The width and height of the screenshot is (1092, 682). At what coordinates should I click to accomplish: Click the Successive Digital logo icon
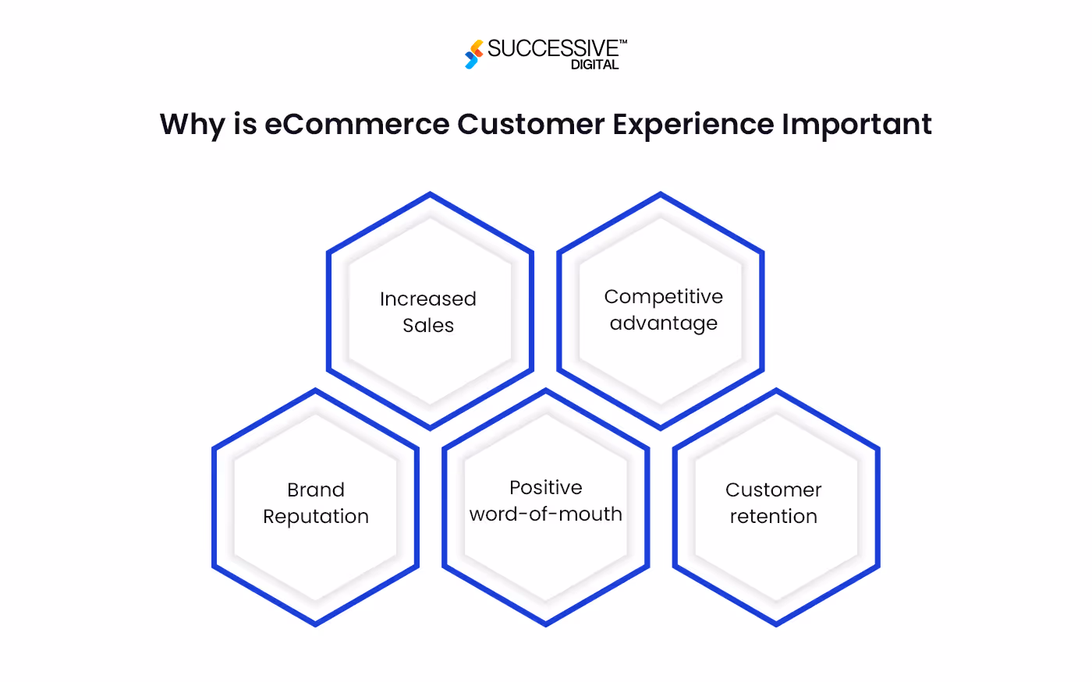click(473, 55)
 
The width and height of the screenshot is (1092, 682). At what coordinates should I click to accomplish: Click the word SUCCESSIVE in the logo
click(552, 48)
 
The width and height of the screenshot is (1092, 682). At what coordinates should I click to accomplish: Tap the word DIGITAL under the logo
click(594, 65)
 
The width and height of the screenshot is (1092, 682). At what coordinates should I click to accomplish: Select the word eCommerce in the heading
click(357, 125)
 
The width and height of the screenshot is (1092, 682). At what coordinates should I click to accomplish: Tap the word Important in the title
click(856, 125)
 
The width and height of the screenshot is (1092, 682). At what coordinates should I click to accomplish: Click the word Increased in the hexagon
click(427, 299)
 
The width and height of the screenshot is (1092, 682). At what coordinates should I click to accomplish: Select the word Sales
click(427, 326)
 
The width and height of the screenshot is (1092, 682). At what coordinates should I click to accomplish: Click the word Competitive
click(663, 297)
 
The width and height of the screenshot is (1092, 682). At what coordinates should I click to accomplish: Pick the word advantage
click(663, 323)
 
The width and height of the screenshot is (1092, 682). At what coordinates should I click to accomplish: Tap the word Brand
click(315, 490)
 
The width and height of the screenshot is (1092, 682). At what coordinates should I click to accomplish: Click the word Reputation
click(315, 517)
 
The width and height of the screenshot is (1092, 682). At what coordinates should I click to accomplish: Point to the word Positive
click(545, 488)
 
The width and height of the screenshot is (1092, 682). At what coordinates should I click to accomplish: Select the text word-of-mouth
click(545, 514)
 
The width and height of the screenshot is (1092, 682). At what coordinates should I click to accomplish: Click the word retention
click(773, 517)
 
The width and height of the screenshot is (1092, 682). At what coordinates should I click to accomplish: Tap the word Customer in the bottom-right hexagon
click(773, 490)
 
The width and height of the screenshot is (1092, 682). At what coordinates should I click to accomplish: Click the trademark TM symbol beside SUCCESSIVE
click(622, 41)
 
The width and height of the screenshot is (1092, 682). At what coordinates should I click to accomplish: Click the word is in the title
click(245, 125)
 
